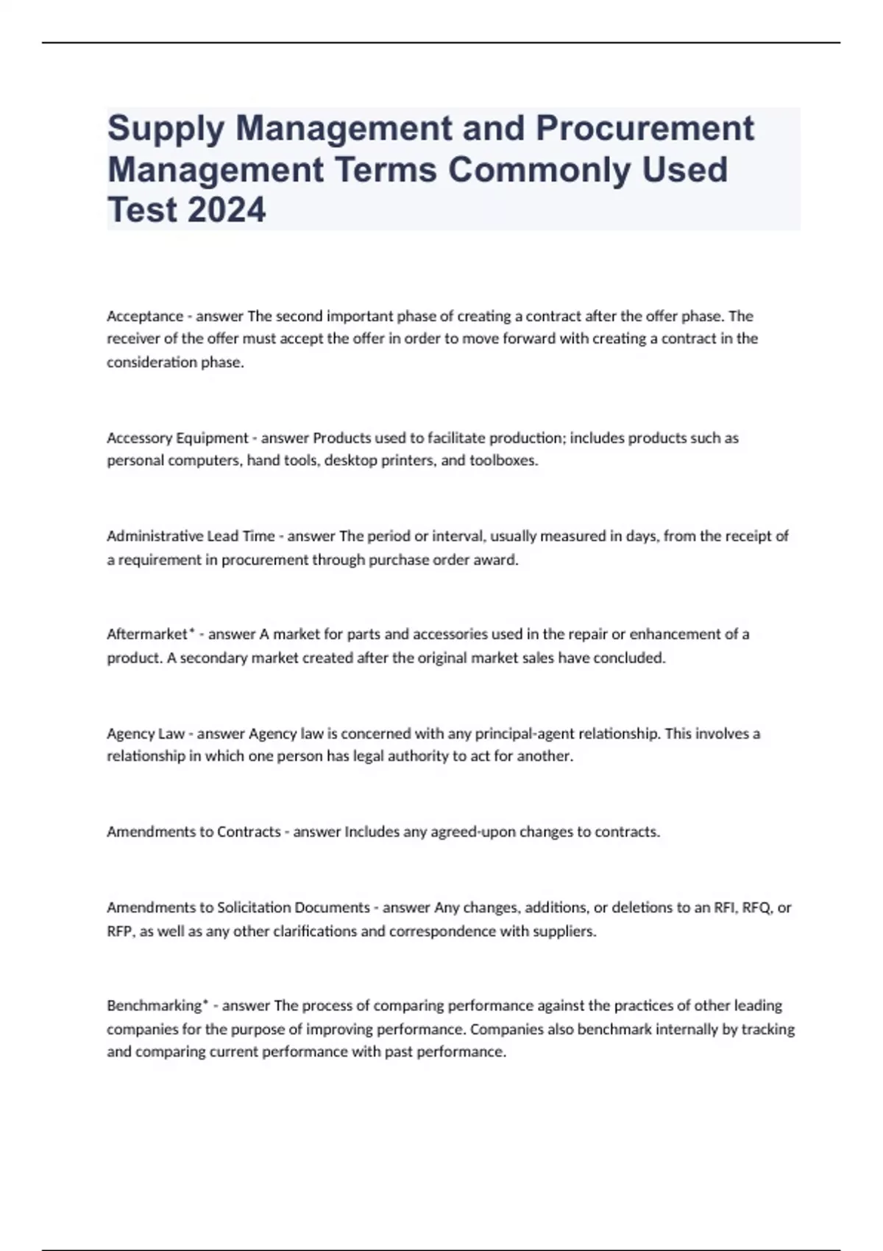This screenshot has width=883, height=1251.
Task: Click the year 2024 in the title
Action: [227, 210]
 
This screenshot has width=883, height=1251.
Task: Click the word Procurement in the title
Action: [645, 128]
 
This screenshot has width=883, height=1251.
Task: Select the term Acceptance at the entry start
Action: [145, 316]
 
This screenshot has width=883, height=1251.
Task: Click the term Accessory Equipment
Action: [177, 438]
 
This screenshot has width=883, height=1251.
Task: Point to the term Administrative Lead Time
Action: [191, 536]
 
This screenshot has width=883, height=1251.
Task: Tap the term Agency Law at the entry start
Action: [146, 734]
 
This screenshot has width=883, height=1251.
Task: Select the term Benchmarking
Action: [154, 1005]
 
